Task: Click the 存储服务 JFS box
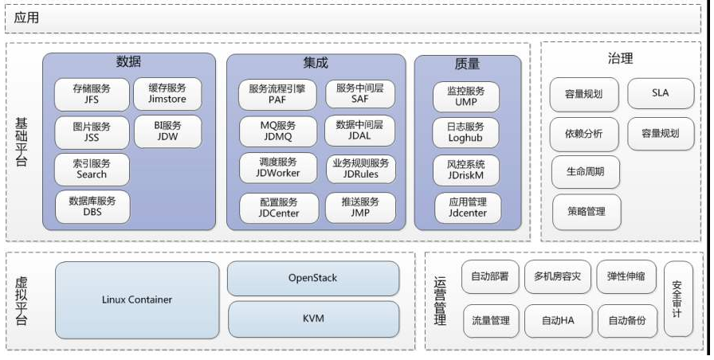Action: [92, 94]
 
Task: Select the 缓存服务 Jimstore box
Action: [167, 94]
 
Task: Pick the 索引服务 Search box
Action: [92, 169]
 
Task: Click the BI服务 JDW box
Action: [167, 131]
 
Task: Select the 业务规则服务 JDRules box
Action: [360, 169]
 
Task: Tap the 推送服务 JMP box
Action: [360, 207]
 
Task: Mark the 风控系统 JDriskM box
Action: [466, 169]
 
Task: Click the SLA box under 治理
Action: [660, 93]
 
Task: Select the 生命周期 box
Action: [585, 172]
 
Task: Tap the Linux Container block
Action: [136, 300]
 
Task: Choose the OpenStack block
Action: [312, 278]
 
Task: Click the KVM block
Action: [312, 319]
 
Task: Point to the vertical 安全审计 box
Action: [677, 299]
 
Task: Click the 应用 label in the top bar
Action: [26, 18]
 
